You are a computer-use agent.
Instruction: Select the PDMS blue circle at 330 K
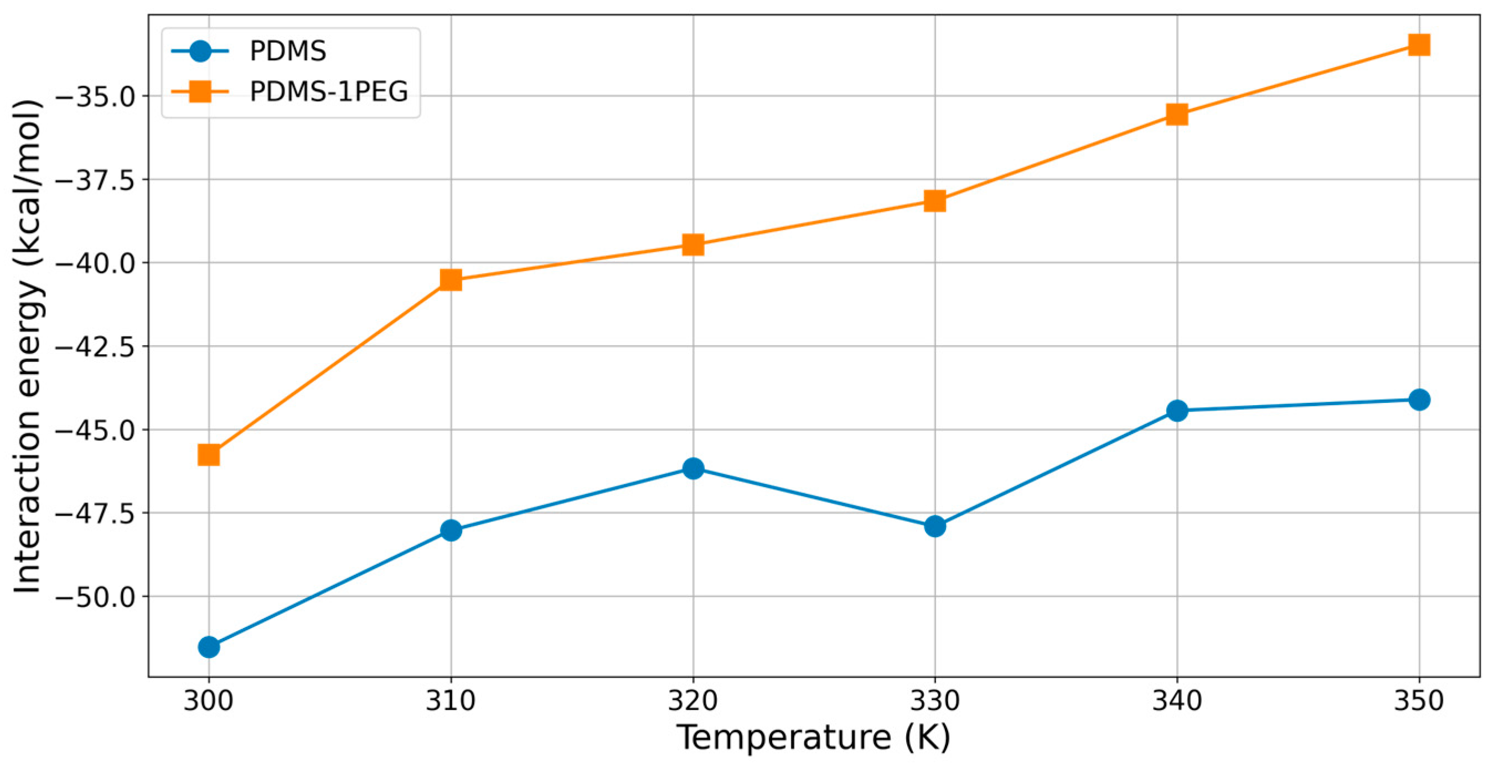(935, 526)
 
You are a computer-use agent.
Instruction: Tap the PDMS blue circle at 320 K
(693, 468)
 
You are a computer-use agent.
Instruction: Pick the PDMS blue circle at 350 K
(1419, 400)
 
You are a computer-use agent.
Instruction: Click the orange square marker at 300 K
(209, 455)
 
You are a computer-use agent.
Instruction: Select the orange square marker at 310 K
(451, 279)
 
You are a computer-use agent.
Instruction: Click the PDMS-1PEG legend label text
(329, 92)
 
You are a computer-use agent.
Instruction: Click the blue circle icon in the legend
(200, 51)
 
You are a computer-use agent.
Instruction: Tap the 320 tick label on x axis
(693, 701)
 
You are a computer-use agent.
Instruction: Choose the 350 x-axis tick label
(1419, 701)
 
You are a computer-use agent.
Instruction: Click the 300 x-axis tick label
(209, 701)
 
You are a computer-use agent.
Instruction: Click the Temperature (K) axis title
(813, 738)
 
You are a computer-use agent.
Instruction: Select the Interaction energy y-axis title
(27, 346)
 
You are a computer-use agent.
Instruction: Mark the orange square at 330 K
(935, 201)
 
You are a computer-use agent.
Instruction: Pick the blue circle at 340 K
(1177, 411)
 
